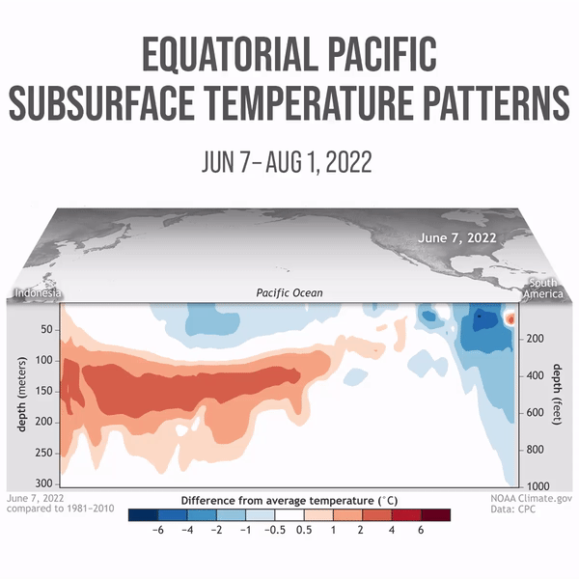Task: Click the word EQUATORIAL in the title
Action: (x=231, y=54)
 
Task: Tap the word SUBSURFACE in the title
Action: (x=101, y=102)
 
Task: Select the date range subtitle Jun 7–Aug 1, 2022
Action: (x=287, y=161)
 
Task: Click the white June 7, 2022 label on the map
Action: (x=457, y=237)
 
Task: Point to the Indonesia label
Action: (x=38, y=293)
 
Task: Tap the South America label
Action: (x=543, y=289)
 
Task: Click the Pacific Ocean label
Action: (x=289, y=293)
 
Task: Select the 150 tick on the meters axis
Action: (x=44, y=391)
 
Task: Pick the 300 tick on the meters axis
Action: (x=44, y=483)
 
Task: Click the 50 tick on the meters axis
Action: (x=47, y=329)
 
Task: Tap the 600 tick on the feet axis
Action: (x=535, y=412)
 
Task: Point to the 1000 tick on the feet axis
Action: (x=538, y=486)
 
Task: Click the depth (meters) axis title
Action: (x=22, y=394)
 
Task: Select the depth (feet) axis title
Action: (x=557, y=395)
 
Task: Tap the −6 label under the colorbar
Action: (x=158, y=530)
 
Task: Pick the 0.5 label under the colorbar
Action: (x=304, y=530)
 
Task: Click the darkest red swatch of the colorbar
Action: (x=436, y=515)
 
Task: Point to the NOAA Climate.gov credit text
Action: (x=531, y=498)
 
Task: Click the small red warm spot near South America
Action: (x=510, y=318)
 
